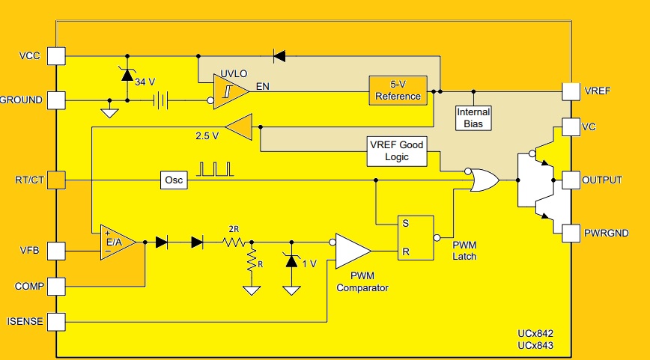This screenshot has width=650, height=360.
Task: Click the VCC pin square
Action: (x=57, y=56)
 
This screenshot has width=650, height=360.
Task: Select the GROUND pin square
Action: (x=57, y=100)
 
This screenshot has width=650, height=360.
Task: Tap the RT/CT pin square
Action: (x=57, y=180)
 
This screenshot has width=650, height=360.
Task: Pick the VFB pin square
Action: (x=57, y=249)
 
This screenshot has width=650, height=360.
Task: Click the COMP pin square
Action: (x=57, y=286)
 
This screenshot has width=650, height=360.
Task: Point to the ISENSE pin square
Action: (x=57, y=322)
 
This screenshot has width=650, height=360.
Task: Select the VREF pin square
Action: (x=571, y=91)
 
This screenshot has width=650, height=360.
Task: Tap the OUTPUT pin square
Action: (x=571, y=180)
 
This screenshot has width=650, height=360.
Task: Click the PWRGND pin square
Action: (x=571, y=233)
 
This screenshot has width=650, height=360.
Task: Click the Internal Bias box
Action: (x=473, y=117)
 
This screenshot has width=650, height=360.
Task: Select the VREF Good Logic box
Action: (x=396, y=151)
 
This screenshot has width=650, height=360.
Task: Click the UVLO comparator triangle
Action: (x=228, y=92)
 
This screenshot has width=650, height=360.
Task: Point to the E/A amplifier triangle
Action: (x=117, y=242)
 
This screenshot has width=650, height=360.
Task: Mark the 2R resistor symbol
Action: (x=234, y=242)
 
